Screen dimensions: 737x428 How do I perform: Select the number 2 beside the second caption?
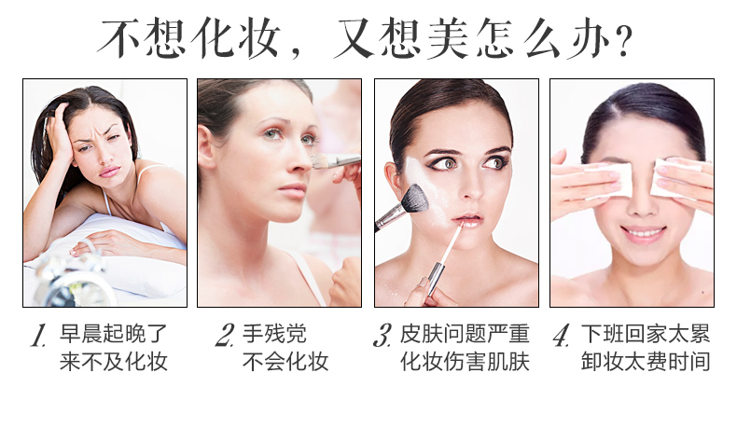click(x=225, y=335)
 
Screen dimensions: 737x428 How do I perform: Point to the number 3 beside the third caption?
click(x=382, y=335)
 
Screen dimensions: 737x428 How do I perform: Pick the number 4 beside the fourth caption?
click(x=562, y=335)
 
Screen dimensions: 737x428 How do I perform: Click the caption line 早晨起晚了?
click(x=114, y=334)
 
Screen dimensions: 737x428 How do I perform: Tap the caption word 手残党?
click(x=274, y=334)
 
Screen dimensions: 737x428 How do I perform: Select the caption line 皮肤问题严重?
click(x=465, y=334)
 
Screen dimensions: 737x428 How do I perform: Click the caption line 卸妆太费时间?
click(x=646, y=361)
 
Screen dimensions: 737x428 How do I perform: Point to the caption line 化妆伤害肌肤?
click(x=465, y=361)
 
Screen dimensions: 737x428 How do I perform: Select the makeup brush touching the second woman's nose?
click(x=335, y=161)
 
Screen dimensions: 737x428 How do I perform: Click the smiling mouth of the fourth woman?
click(x=643, y=233)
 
